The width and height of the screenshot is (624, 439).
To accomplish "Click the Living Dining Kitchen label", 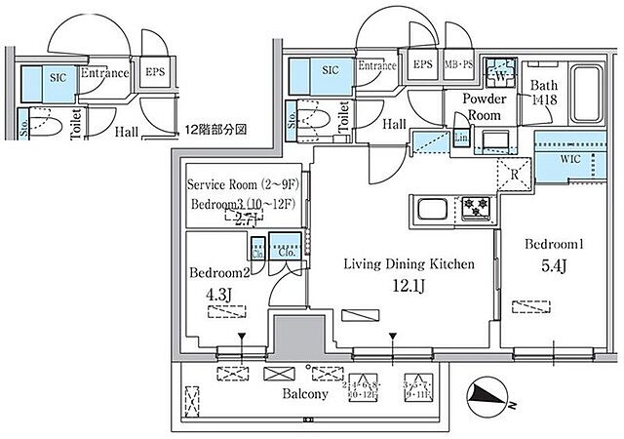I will point(408,263).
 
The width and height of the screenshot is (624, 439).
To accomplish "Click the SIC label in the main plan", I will point(330,70).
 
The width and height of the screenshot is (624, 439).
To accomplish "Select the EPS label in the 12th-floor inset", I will point(154,71).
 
